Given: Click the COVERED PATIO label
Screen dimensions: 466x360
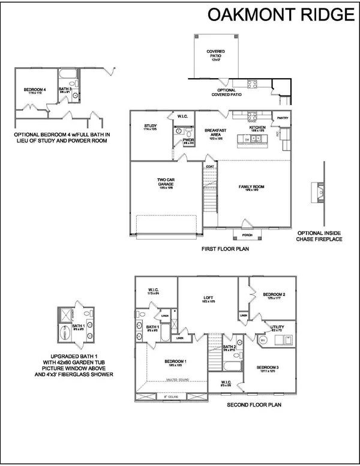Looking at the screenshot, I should pos(215,53).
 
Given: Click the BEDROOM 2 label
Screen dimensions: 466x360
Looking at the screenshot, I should pos(274,294).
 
